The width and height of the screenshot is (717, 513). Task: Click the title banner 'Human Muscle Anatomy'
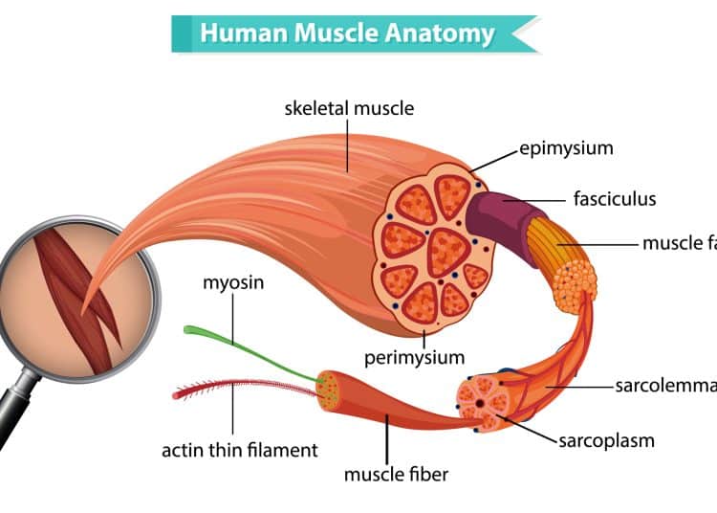tap(347, 34)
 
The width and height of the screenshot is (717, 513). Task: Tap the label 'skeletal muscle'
tap(350, 108)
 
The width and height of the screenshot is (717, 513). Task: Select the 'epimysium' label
tap(566, 148)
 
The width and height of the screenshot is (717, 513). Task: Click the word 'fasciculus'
tap(615, 200)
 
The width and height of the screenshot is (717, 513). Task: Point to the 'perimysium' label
tap(414, 358)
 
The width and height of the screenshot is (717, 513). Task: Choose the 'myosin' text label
tap(233, 283)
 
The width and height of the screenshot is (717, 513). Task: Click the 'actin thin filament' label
tap(240, 449)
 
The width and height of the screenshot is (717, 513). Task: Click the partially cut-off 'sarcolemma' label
tap(665, 386)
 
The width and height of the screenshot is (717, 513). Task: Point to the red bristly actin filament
tap(229, 387)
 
